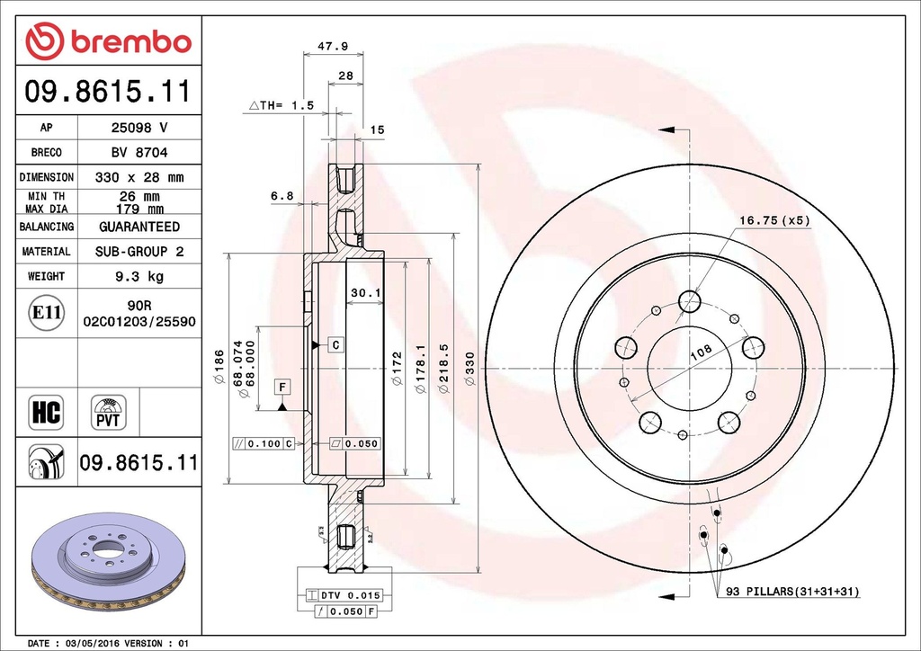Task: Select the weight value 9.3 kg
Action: coord(139,277)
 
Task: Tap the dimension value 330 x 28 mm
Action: coord(139,177)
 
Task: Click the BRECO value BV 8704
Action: coord(139,153)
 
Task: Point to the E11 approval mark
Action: coord(46,313)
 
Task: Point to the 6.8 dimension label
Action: coord(282,195)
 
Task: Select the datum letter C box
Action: coord(335,344)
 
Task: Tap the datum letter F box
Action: coord(282,387)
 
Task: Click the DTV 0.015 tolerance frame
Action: coord(344,595)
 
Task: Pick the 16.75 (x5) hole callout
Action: coord(774,219)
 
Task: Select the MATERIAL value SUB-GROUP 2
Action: coord(139,252)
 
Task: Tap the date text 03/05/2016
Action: coord(93,644)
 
